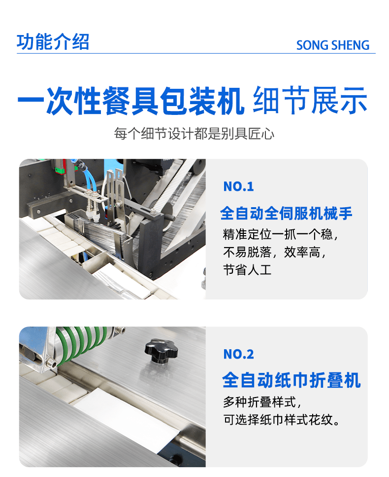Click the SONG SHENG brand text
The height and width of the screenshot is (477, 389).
[332, 45]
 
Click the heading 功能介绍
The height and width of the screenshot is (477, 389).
[53, 41]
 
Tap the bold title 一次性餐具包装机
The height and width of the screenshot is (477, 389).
[130, 101]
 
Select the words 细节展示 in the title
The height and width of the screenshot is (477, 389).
[310, 101]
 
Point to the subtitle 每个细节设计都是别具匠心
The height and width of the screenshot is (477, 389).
[194, 134]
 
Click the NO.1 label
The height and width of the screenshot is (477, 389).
[238, 186]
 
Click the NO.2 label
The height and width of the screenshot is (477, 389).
[238, 354]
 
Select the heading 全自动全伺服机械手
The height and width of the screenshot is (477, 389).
[286, 213]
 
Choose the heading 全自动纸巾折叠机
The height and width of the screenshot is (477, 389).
[292, 380]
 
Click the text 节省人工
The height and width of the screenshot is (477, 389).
[247, 270]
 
